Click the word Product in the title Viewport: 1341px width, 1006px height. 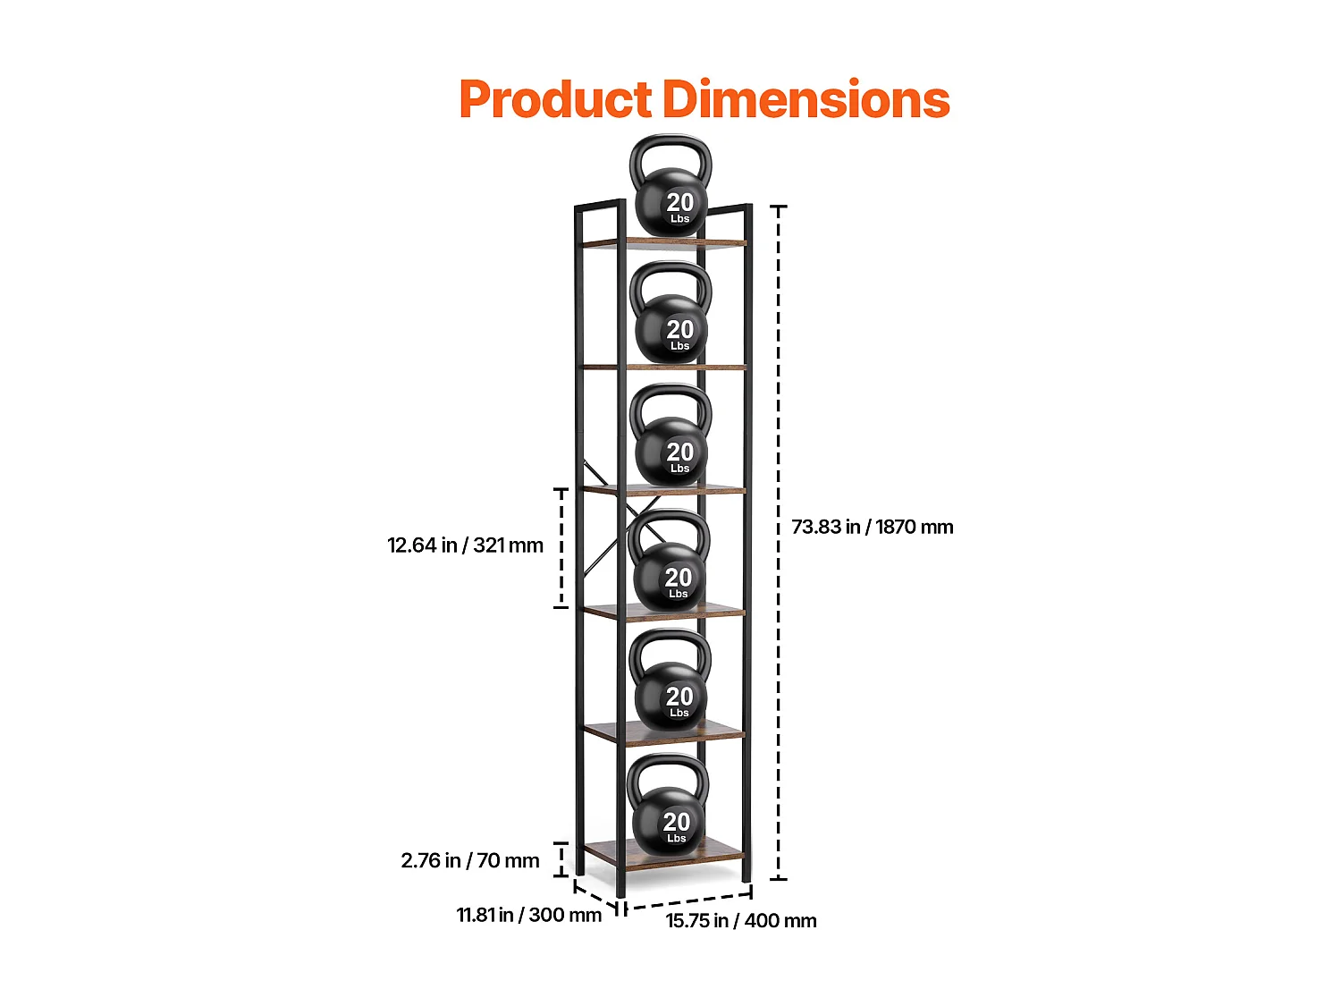click(555, 99)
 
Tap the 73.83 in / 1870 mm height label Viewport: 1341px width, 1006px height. click(872, 527)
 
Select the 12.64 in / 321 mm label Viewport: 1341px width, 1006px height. click(465, 545)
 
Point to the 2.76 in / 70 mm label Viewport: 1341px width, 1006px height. click(470, 860)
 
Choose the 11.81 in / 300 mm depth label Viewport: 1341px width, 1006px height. click(528, 915)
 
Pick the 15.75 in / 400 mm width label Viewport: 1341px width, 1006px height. click(740, 920)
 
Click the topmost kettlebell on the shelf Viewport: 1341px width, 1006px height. click(670, 184)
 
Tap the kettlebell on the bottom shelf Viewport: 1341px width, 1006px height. click(668, 804)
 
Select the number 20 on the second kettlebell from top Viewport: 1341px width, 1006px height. click(680, 329)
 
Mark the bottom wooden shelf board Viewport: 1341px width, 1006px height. click(663, 851)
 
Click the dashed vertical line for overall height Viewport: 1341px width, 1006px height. click(778, 543)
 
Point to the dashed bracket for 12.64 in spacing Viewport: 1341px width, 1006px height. click(561, 548)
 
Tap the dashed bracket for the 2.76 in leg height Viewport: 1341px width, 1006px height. click(561, 859)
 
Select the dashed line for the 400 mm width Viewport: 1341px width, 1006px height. click(688, 900)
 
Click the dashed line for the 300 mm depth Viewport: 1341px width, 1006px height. click(596, 897)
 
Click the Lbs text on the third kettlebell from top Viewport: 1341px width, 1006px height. click(679, 469)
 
